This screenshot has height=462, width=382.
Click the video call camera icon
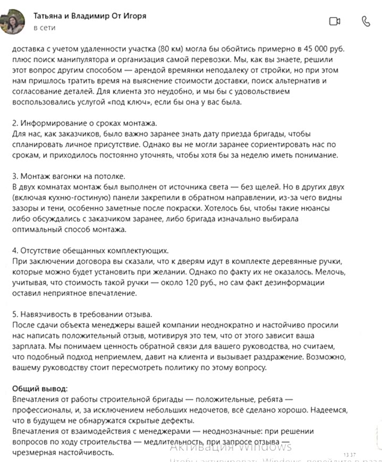[x=334, y=21]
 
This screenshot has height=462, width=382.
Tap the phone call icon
[x=366, y=21]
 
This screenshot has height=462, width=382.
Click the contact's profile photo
[x=16, y=21]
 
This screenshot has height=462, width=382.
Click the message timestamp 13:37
[x=349, y=455]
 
